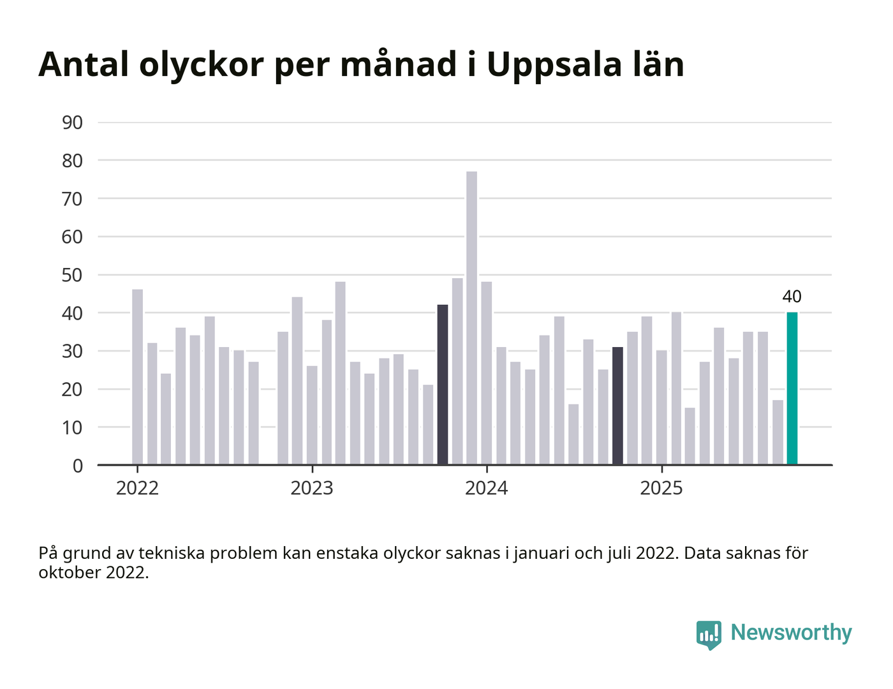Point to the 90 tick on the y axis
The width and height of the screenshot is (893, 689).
coord(73,122)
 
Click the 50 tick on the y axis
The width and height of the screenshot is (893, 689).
coord(73,275)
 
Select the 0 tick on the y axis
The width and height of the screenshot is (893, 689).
coord(78,466)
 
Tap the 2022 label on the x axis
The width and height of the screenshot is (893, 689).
coord(137,488)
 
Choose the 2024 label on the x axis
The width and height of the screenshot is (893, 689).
coord(487,488)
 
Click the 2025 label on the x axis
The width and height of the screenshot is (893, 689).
coord(661,488)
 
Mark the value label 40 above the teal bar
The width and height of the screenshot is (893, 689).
coord(792,297)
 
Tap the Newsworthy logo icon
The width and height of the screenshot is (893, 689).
coord(709,634)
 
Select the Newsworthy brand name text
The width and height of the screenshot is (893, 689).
coord(791,632)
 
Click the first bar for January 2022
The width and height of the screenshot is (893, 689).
coord(138,377)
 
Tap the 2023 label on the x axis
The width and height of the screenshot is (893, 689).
coord(312,488)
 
